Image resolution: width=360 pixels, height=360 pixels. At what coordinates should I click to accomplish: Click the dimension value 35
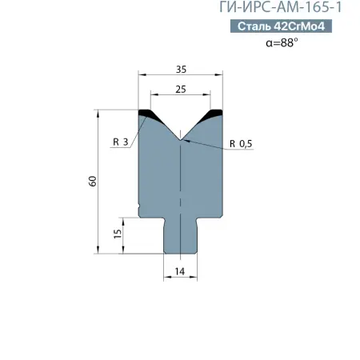(x=181, y=69)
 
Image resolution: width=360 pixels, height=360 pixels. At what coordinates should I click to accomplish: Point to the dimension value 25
(x=181, y=90)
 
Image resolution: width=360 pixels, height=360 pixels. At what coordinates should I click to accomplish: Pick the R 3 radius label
(x=121, y=142)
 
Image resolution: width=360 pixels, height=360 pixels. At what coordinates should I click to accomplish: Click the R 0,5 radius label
(x=241, y=143)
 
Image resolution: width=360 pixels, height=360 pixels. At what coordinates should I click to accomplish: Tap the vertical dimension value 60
(x=93, y=182)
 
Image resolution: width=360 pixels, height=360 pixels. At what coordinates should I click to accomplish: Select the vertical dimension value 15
(x=118, y=234)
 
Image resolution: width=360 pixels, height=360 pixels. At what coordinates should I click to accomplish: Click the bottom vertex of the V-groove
(x=181, y=138)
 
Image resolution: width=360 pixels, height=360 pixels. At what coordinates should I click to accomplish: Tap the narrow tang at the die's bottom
(x=180, y=236)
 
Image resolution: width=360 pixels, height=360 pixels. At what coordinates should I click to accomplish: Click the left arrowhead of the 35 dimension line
(x=142, y=77)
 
